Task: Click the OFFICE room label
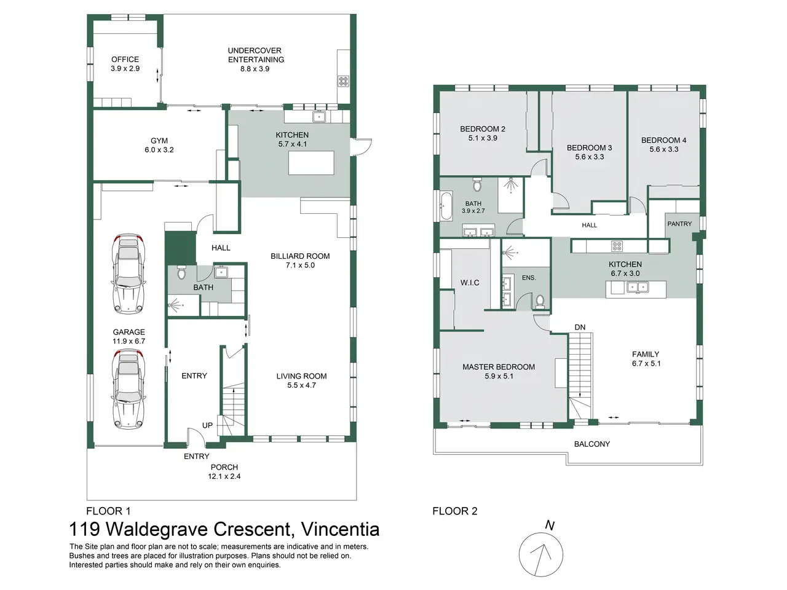[x=125, y=60]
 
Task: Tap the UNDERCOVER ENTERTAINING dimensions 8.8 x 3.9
[x=255, y=69]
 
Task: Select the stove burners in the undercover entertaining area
[x=343, y=81]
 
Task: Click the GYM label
[x=159, y=141]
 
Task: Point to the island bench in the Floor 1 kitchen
[x=311, y=163]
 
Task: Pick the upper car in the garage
[x=129, y=274]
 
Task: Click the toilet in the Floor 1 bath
[x=181, y=273]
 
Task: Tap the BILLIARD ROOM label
[x=300, y=256]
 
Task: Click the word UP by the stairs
[x=207, y=425]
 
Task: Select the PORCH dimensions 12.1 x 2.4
[x=224, y=476]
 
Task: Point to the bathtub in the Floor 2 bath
[x=446, y=206]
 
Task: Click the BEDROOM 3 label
[x=590, y=147]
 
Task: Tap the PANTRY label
[x=679, y=224]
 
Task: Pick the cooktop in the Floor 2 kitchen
[x=617, y=246]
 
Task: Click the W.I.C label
[x=470, y=283]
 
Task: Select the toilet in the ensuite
[x=540, y=301]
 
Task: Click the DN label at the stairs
[x=580, y=327]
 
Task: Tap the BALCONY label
[x=592, y=444]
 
